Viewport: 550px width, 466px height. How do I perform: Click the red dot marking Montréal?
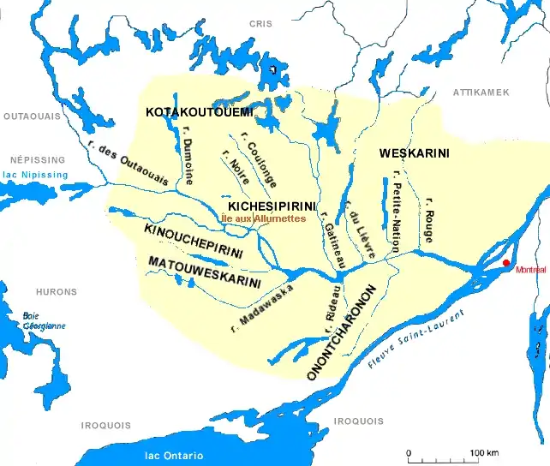point(506,263)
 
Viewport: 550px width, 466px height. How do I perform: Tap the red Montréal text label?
point(530,270)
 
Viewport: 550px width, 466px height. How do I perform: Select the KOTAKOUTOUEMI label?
point(199,112)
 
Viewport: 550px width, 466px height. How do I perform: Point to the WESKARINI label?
point(414,153)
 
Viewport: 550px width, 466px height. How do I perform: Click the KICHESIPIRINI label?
point(272,206)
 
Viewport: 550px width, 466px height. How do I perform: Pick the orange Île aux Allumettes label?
point(263,219)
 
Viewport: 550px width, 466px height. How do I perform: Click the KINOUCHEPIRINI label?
point(194,241)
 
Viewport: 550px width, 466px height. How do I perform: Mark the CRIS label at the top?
point(260,25)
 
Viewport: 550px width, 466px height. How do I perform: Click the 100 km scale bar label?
point(484,452)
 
